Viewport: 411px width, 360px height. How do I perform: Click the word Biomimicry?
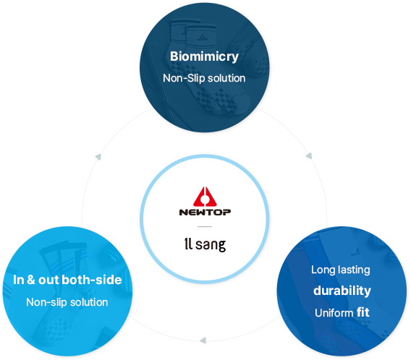[x=204, y=56]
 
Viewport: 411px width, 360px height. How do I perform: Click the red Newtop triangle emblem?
[x=205, y=197]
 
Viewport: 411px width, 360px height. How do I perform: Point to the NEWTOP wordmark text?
[x=205, y=212]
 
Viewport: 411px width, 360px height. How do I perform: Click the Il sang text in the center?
[x=205, y=244]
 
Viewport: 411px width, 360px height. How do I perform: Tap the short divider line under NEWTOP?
[x=205, y=226]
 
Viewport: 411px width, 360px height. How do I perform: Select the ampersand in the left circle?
[x=31, y=280]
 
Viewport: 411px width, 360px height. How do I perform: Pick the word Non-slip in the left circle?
[x=46, y=302]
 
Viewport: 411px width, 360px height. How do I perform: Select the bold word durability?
[x=342, y=291]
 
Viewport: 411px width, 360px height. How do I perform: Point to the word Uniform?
[x=334, y=312]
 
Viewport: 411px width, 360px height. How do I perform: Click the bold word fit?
[x=363, y=312]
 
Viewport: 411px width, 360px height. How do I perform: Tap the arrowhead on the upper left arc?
[x=98, y=157]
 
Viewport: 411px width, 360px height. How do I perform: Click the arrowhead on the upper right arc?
[x=309, y=155]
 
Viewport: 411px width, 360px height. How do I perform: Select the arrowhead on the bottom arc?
[x=203, y=340]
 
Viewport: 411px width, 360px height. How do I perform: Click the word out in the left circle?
[x=48, y=280]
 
